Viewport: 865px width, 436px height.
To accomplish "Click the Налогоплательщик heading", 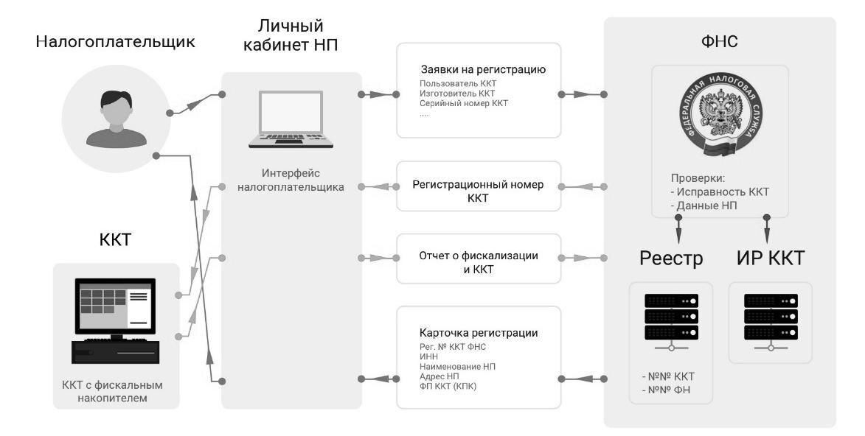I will (x=117, y=42).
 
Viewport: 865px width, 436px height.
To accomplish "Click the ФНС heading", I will (x=720, y=43).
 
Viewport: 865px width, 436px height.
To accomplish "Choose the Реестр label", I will (x=671, y=260).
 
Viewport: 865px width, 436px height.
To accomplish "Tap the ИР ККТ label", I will (x=769, y=260).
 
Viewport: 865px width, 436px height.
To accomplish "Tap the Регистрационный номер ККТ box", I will (x=478, y=191).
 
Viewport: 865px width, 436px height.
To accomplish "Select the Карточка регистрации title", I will (x=478, y=333).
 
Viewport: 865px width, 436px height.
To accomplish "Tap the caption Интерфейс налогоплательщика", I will (x=291, y=181).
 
